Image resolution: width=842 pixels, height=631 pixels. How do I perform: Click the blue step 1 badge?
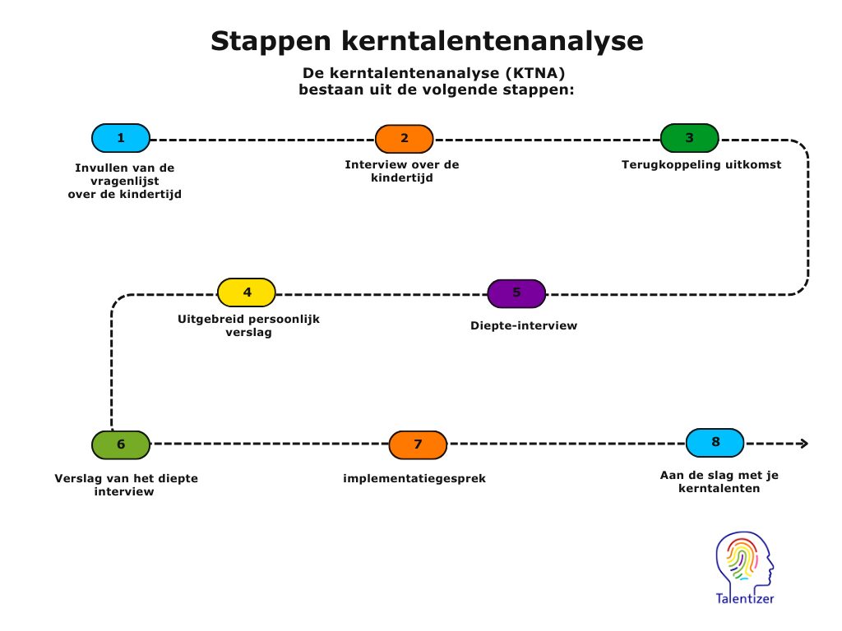pos(121,138)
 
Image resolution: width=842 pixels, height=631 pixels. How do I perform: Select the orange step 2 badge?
pos(405,139)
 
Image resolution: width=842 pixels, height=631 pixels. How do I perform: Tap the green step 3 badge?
pos(690,138)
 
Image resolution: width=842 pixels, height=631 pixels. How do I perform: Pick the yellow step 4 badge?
pos(247,292)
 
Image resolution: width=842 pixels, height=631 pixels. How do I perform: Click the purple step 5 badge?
pos(516,293)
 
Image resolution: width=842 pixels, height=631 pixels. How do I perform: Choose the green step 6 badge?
pos(121,444)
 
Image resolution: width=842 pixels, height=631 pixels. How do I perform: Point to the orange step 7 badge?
pos(418,444)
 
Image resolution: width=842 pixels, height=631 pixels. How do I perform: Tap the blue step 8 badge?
pos(715,443)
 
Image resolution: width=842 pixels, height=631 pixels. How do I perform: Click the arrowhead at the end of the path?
pos(804,443)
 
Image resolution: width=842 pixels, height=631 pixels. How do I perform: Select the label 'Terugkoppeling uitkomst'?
pos(701,164)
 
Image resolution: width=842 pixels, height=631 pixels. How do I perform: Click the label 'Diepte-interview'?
pos(524,325)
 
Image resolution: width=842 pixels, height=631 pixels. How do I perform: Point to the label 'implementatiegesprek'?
pos(414,479)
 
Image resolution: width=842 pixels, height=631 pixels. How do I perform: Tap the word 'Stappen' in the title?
pos(271,42)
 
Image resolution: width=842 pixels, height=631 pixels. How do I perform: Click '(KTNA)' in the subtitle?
pos(534,73)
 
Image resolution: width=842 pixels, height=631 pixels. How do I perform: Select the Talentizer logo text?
pos(745,598)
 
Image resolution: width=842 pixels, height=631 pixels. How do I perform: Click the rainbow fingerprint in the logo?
pos(743,559)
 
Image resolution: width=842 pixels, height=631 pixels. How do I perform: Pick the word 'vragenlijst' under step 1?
pos(125,182)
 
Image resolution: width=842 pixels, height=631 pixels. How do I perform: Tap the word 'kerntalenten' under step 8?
pos(719,488)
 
